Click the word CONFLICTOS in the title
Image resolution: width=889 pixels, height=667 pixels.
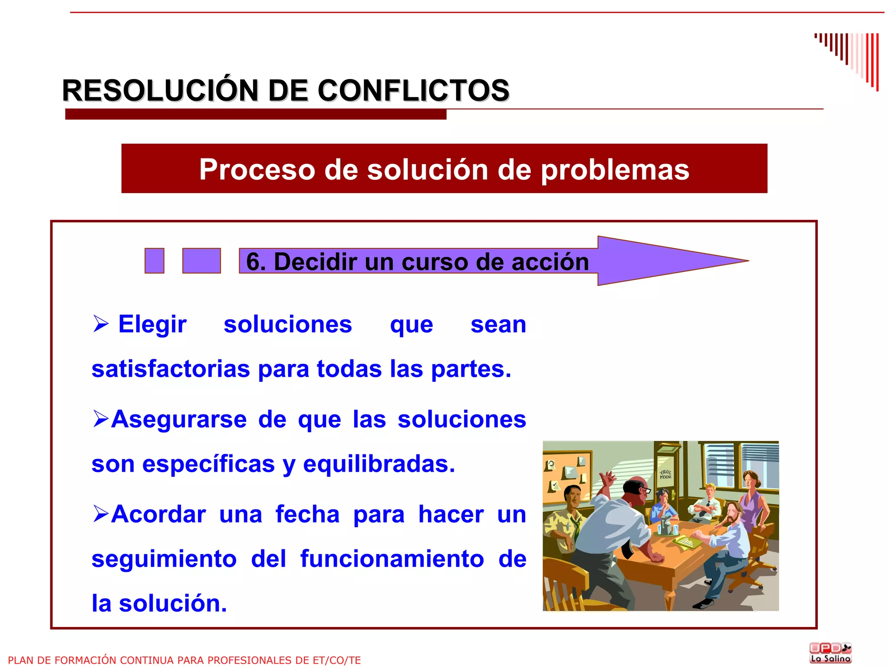pyautogui.click(x=413, y=91)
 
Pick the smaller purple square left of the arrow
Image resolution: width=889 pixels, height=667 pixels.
pyautogui.click(x=155, y=261)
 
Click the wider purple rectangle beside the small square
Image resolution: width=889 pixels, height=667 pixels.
pyautogui.click(x=201, y=261)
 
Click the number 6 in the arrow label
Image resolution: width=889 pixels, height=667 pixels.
pyautogui.click(x=254, y=262)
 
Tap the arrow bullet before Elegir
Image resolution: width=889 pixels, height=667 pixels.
pyautogui.click(x=101, y=324)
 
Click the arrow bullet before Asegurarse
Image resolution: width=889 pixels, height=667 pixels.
pyautogui.click(x=101, y=419)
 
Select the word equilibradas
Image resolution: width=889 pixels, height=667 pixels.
pyautogui.click(x=379, y=464)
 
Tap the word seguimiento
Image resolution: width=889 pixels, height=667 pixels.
pyautogui.click(x=164, y=559)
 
